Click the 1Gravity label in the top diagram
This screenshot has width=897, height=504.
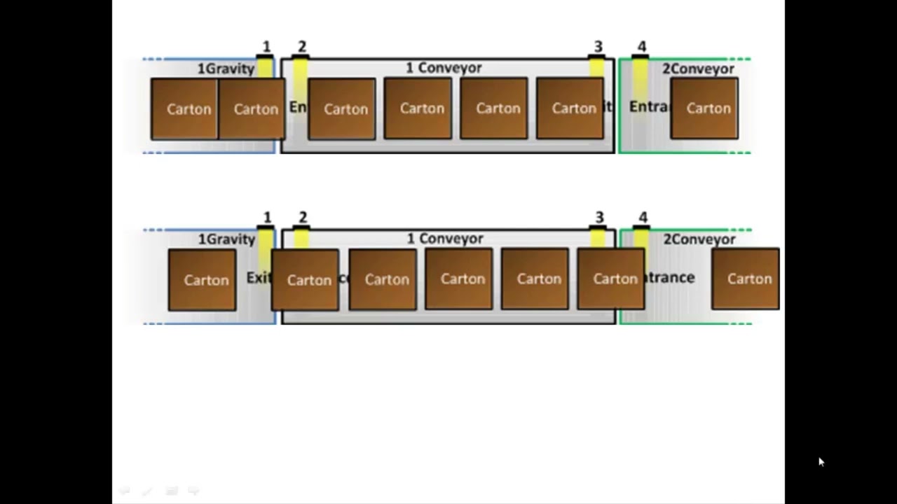pyautogui.click(x=225, y=69)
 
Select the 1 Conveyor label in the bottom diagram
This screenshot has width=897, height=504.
pyautogui.click(x=445, y=239)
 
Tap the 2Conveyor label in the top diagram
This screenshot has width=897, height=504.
pyautogui.click(x=698, y=69)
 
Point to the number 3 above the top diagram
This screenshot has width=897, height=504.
pyautogui.click(x=598, y=47)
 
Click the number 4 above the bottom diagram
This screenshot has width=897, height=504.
pyautogui.click(x=643, y=218)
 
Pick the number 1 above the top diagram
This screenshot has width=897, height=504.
pyautogui.click(x=266, y=47)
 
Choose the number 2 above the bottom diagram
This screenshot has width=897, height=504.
pyautogui.click(x=303, y=218)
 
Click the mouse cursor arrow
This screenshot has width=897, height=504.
pyautogui.click(x=821, y=462)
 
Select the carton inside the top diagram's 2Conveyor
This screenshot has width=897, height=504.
pyautogui.click(x=704, y=108)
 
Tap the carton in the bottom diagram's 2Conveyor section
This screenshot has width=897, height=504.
pyautogui.click(x=745, y=279)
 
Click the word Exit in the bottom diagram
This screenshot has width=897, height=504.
pyautogui.click(x=258, y=278)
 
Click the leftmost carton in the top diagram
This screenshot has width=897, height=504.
pyautogui.click(x=185, y=109)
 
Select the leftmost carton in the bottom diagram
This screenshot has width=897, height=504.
pyautogui.click(x=202, y=280)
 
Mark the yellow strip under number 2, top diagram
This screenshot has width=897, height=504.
pyautogui.click(x=300, y=80)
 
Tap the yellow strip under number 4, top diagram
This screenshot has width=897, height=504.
pyautogui.click(x=640, y=80)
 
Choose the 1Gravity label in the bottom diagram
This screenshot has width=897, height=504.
pyautogui.click(x=226, y=239)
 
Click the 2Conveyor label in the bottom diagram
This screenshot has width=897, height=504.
pyautogui.click(x=699, y=239)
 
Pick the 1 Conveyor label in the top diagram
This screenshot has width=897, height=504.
pyautogui.click(x=444, y=68)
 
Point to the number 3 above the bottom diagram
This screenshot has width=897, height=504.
pyautogui.click(x=599, y=218)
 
